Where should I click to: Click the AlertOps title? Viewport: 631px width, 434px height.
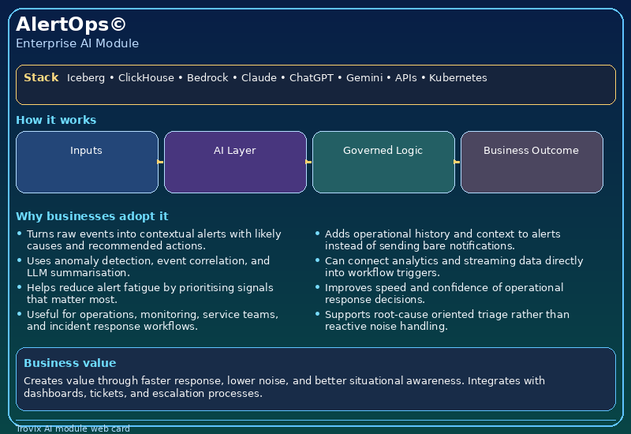[70, 24]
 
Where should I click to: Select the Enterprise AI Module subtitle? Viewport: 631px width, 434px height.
[77, 43]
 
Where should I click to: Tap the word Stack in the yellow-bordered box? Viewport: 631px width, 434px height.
[41, 77]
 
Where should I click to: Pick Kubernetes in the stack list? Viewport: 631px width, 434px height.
[457, 78]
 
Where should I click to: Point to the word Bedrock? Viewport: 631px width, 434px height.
[207, 78]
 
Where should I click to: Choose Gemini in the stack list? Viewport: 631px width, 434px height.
[364, 78]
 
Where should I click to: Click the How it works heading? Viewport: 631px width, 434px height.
[56, 120]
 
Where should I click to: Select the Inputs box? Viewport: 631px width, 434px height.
[87, 162]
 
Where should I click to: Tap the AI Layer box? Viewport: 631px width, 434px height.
[235, 162]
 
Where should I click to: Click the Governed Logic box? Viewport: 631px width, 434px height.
[383, 162]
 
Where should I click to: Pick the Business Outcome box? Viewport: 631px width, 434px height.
[532, 162]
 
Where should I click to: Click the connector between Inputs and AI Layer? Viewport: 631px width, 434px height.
[161, 162]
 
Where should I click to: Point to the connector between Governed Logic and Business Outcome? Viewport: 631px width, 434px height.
[457, 162]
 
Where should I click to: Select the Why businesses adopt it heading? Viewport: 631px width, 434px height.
[91, 216]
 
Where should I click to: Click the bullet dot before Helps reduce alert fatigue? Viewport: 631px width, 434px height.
[20, 288]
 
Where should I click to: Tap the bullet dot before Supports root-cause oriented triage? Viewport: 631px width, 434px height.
[318, 315]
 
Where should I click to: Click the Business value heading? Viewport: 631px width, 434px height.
[69, 363]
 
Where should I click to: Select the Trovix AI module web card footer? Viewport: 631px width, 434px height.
[73, 429]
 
